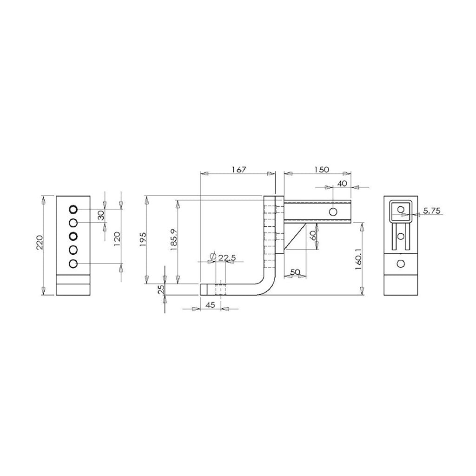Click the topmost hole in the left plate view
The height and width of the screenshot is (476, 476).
pyautogui.click(x=73, y=209)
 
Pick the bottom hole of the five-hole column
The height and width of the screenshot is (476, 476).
pyautogui.click(x=73, y=264)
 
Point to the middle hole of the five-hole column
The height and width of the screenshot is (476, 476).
pyautogui.click(x=73, y=236)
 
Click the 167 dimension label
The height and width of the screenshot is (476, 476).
pyautogui.click(x=238, y=170)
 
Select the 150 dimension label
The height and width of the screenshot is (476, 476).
pyautogui.click(x=322, y=169)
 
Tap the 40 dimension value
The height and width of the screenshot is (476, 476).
pyautogui.click(x=342, y=183)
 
